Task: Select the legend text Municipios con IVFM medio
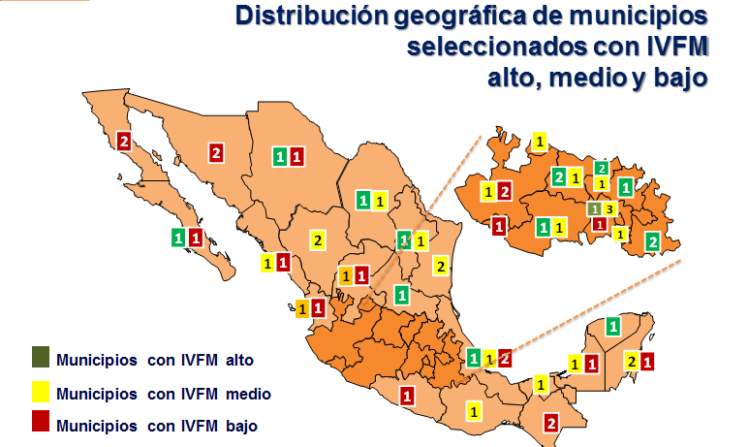(163, 393)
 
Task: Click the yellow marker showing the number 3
(608, 208)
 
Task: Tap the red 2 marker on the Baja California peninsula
(124, 142)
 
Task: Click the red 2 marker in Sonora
(216, 152)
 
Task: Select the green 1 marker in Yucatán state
(613, 326)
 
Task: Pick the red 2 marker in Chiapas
(551, 422)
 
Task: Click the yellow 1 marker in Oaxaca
(473, 411)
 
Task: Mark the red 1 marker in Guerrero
(407, 395)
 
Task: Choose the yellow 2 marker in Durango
(318, 240)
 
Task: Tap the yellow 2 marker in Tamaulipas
(441, 266)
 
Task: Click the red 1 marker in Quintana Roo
(647, 362)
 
